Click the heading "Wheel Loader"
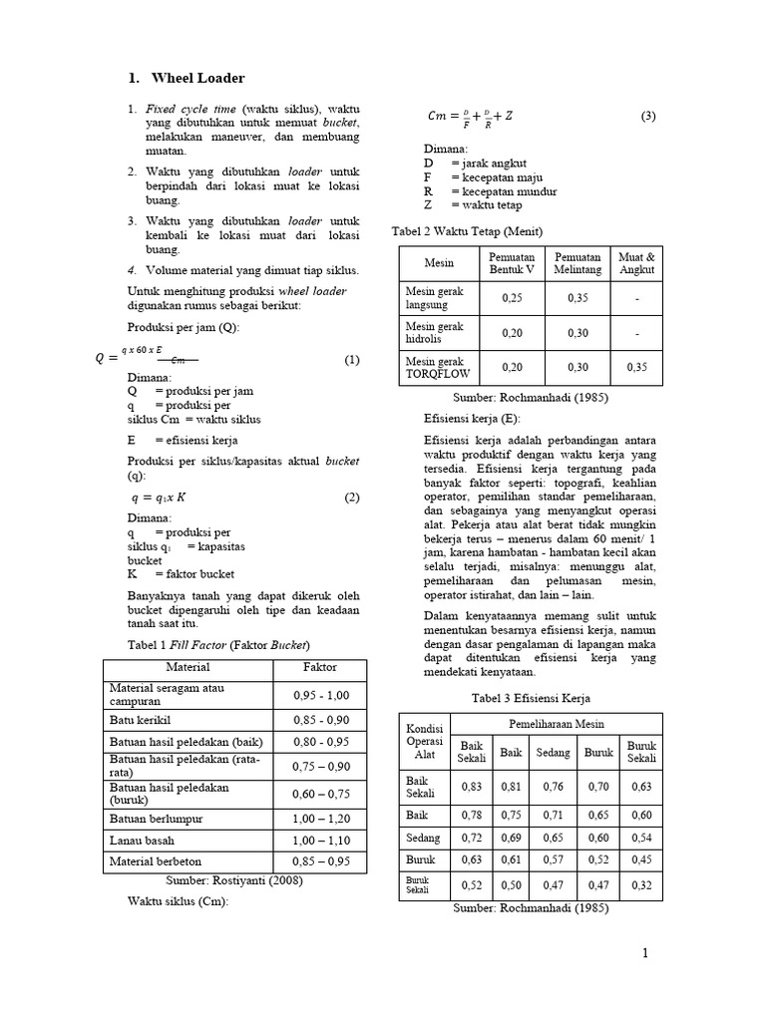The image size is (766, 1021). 197,78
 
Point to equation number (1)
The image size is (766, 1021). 351,360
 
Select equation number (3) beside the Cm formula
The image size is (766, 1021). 647,116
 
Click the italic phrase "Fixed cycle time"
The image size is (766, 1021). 190,108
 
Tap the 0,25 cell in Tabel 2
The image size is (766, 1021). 512,297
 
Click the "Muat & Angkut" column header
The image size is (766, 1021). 637,263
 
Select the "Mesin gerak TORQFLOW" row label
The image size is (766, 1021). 435,367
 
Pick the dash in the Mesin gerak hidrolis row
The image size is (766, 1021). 637,333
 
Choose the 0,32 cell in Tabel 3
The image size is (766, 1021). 640,883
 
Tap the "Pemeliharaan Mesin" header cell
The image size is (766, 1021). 557,724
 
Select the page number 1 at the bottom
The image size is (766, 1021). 645,954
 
